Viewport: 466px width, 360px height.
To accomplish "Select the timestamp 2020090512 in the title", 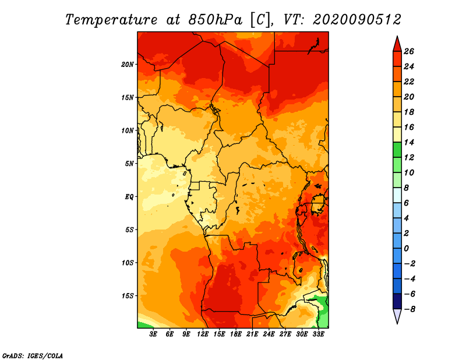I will [356, 19].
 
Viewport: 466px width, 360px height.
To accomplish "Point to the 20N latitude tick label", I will [128, 64].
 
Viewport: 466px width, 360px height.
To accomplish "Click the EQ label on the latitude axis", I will [129, 196].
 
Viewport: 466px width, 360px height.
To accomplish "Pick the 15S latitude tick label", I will [128, 295].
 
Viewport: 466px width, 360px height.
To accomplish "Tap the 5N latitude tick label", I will [129, 163].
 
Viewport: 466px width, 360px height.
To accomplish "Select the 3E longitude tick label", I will [154, 334].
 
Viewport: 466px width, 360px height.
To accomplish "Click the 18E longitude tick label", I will [236, 334].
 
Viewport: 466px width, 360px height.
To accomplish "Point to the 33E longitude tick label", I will [318, 334].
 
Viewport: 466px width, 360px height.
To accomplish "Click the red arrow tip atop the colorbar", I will [396, 43].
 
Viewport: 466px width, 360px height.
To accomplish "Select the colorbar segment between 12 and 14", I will [396, 150].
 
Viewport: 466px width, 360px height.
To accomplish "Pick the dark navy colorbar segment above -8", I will [396, 301].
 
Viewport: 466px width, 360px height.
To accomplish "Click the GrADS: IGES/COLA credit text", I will [33, 355].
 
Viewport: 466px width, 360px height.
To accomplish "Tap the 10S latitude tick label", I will [128, 262].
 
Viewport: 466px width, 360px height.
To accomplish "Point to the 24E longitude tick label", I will [269, 334].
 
